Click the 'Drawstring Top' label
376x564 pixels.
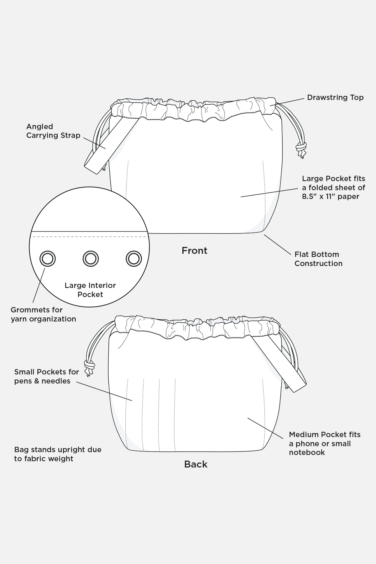click(335, 97)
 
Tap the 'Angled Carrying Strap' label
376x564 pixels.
click(53, 131)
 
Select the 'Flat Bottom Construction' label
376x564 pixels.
click(318, 259)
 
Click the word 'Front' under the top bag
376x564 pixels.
click(194, 251)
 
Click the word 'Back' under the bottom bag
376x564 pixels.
click(196, 464)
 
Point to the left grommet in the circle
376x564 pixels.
click(48, 259)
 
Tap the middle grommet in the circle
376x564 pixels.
click(91, 259)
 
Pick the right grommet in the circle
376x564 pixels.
click(134, 259)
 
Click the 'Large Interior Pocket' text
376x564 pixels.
click(90, 290)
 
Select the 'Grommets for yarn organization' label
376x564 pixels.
click(43, 314)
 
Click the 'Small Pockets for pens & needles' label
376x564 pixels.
click(46, 376)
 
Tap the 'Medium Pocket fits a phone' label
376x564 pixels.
click(324, 443)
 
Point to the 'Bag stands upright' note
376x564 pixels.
click(58, 454)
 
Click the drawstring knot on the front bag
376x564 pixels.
click(301, 147)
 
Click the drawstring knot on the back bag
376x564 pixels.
click(90, 365)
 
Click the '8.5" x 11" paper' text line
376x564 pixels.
click(330, 196)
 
